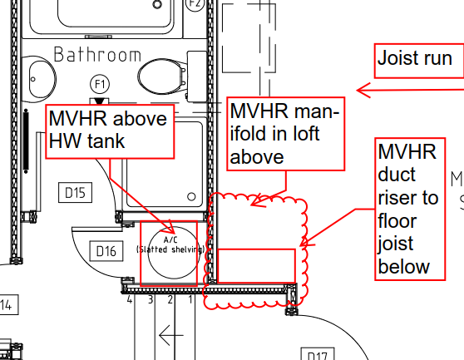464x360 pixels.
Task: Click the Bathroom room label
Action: click(97, 55)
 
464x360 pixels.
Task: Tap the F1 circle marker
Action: click(100, 84)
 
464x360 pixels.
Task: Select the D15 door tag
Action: click(75, 193)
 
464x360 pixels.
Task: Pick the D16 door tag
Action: click(106, 251)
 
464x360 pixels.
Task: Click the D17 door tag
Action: click(318, 354)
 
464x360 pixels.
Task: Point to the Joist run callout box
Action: click(419, 61)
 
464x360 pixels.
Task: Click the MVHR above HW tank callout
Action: click(110, 131)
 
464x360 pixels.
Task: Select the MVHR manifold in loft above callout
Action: click(286, 134)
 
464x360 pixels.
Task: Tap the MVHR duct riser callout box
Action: click(410, 209)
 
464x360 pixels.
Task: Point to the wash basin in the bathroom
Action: click(42, 79)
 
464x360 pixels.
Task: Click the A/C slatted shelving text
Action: click(170, 245)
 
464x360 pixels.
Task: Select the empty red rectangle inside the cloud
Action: click(256, 266)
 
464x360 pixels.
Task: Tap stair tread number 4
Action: click(130, 299)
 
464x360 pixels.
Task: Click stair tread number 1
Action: click(190, 299)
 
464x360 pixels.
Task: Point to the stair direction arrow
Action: click(171, 335)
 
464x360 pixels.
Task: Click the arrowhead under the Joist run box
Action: click(363, 91)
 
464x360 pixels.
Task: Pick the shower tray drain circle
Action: click(191, 196)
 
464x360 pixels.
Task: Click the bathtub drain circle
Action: click(157, 4)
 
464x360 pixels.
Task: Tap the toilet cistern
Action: click(197, 76)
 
